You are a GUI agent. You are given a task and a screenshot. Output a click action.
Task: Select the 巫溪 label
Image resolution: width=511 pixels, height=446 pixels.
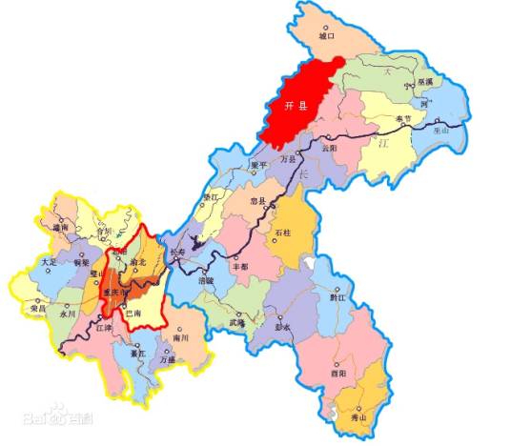[422, 83]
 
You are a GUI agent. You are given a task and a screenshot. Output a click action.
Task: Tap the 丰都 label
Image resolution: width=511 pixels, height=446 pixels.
[241, 267]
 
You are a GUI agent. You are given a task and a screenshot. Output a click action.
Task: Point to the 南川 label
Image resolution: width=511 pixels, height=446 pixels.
[182, 337]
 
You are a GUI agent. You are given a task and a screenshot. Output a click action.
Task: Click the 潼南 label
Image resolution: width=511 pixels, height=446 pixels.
[62, 227]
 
